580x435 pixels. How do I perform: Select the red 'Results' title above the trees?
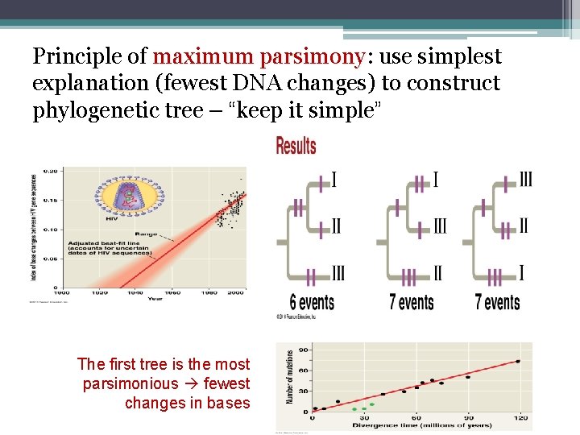click(x=296, y=146)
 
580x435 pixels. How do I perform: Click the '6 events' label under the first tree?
click(x=312, y=303)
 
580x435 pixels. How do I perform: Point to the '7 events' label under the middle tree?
click(x=411, y=303)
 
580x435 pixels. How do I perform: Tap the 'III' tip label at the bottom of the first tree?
click(x=338, y=274)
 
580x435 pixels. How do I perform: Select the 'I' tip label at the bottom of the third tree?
click(x=521, y=274)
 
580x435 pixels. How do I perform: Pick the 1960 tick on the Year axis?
click(x=172, y=292)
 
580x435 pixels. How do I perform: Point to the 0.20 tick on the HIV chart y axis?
click(x=50, y=172)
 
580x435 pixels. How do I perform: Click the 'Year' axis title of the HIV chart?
click(x=155, y=300)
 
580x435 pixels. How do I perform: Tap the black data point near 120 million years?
click(x=518, y=362)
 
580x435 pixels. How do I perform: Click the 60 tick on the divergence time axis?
click(x=416, y=418)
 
